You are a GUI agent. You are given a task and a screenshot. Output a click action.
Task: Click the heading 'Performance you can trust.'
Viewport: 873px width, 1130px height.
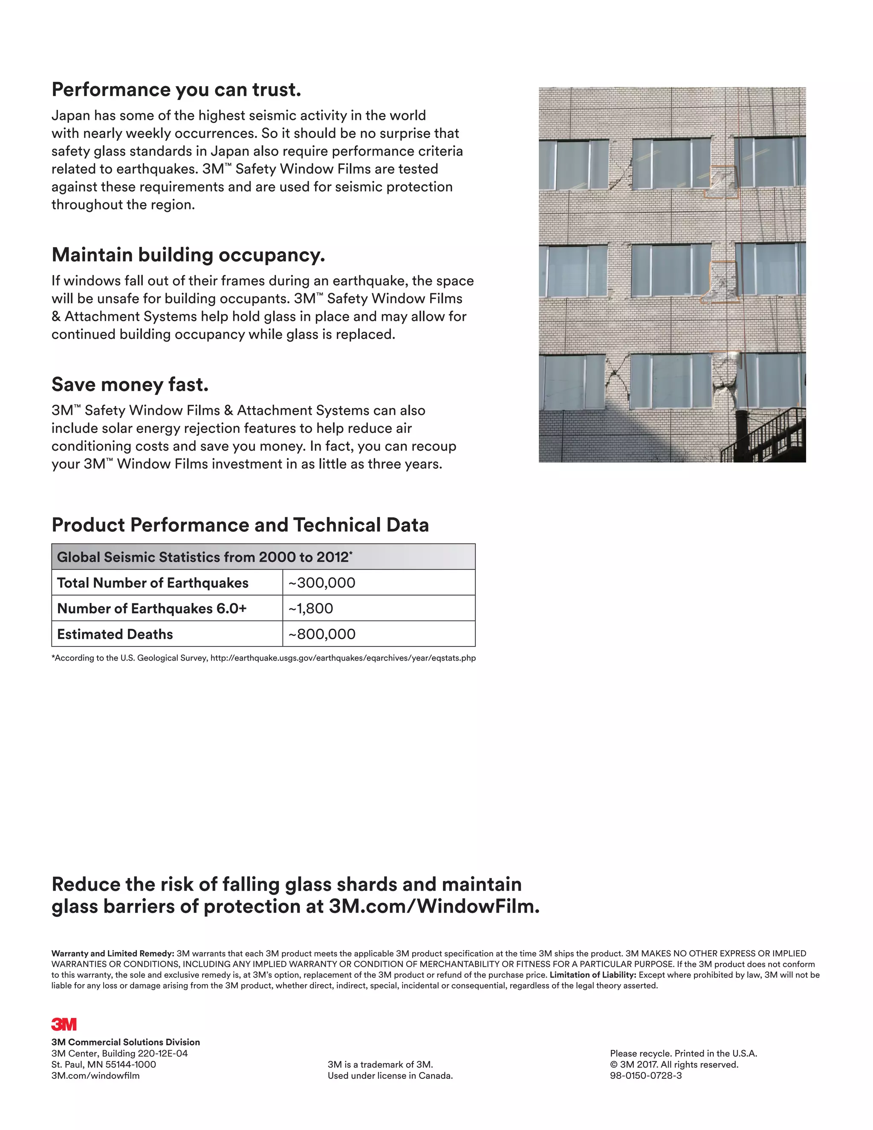176,90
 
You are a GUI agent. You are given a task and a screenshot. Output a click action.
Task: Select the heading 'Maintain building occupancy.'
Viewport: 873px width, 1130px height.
188,255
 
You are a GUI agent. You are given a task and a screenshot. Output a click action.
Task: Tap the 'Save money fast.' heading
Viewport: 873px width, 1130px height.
130,385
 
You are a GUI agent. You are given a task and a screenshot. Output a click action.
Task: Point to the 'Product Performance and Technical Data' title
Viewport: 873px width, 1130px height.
240,524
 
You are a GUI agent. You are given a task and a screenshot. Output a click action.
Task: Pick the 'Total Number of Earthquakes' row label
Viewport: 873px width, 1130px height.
153,582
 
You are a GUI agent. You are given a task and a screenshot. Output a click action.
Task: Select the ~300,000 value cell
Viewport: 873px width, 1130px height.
322,582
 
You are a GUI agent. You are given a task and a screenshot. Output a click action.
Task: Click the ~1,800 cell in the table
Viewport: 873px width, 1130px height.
310,608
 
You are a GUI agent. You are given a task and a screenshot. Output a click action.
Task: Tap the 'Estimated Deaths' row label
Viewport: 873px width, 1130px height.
115,635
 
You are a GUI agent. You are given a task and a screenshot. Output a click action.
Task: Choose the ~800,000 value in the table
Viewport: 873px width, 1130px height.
322,635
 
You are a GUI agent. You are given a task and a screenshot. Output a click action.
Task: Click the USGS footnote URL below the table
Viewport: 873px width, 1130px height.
343,658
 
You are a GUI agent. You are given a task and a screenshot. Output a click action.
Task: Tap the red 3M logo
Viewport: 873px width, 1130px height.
64,1024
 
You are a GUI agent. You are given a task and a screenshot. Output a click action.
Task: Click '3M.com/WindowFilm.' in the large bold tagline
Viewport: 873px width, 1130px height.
434,907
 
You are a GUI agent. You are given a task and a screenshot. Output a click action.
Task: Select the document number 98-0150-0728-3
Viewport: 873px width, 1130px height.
645,1076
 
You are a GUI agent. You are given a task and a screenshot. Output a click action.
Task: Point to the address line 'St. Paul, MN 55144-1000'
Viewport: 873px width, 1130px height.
104,1065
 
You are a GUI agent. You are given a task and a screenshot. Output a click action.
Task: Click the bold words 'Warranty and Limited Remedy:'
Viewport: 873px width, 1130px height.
112,953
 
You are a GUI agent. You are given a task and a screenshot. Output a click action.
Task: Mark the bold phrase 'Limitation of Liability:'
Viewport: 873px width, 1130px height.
593,975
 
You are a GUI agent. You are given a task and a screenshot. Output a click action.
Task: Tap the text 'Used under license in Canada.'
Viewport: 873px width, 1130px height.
390,1076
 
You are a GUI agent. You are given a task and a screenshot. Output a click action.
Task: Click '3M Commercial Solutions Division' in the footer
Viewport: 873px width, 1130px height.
125,1042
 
